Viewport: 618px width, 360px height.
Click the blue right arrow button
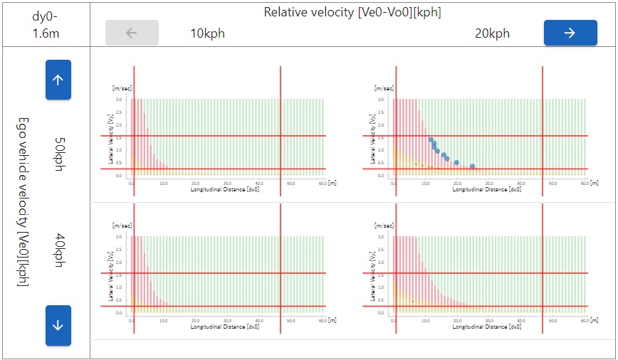click(x=569, y=33)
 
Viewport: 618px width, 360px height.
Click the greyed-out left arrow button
click(x=132, y=33)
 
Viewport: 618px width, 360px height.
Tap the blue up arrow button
click(x=58, y=80)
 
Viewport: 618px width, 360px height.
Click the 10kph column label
click(x=208, y=33)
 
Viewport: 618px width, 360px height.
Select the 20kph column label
click(x=492, y=33)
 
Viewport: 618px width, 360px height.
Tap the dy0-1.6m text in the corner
click(x=46, y=23)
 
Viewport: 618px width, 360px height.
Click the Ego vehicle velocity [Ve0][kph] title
click(x=23, y=203)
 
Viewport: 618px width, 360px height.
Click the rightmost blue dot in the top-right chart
click(x=472, y=166)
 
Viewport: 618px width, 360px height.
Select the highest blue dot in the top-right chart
click(x=431, y=140)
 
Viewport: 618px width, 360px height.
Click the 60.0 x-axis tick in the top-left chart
click(x=323, y=183)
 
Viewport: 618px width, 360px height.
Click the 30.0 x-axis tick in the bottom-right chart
click(x=490, y=321)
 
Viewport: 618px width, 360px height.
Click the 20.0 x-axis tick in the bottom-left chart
click(x=196, y=321)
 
